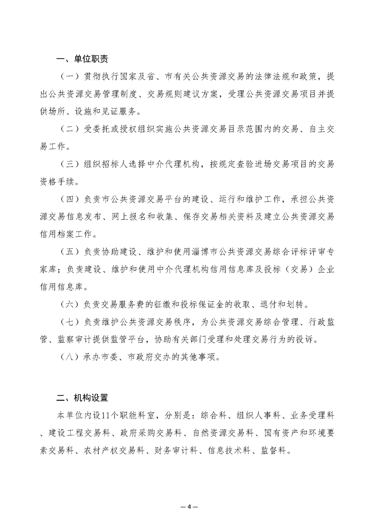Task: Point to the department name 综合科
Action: click(x=214, y=416)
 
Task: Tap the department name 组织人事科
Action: click(x=258, y=416)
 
